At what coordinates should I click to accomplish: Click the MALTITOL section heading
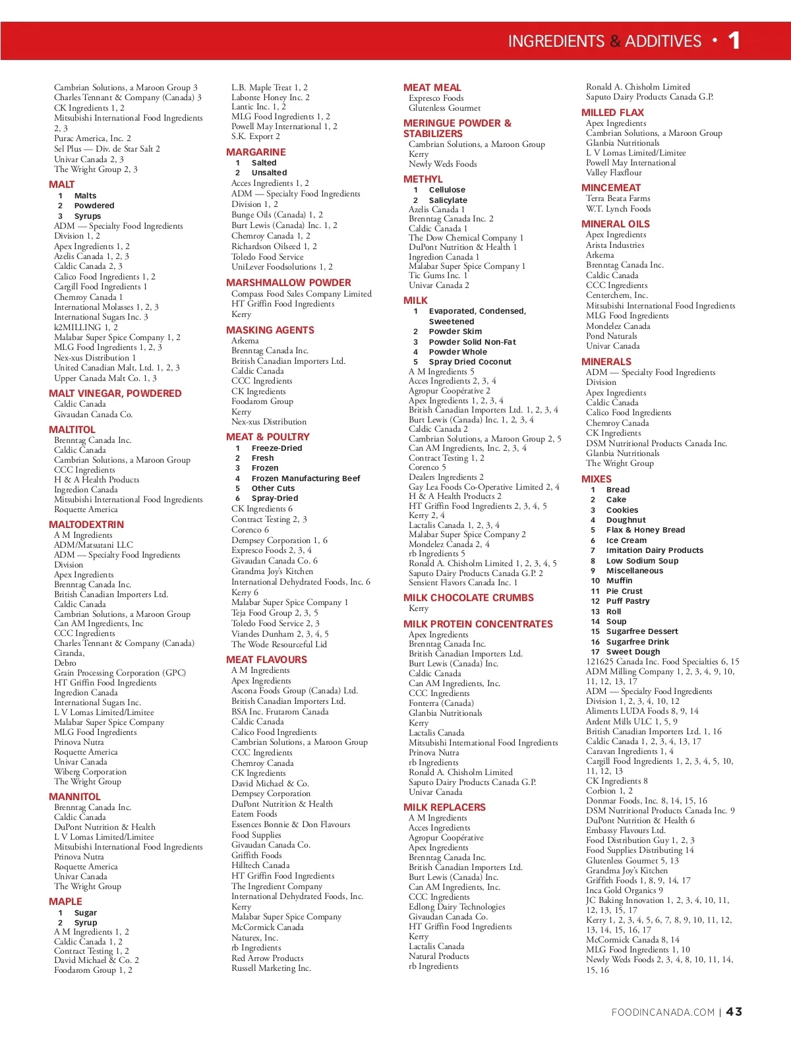tap(72, 429)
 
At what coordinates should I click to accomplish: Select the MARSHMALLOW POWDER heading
tap(288, 283)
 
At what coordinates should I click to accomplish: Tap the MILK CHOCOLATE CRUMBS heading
tap(468, 598)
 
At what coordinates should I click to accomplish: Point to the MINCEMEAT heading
tap(610, 188)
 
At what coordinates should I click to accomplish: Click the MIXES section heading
tap(596, 479)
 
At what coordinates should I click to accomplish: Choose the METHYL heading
tap(423, 179)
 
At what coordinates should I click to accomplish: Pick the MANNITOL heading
tap(74, 797)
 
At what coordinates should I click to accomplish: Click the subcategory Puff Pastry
tap(628, 601)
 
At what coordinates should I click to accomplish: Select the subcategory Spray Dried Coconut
tap(469, 362)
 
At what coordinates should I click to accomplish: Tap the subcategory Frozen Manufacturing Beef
tap(305, 479)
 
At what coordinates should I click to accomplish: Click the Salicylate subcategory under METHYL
tap(448, 200)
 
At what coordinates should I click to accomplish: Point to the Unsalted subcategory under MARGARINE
tap(269, 173)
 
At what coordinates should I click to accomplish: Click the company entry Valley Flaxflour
tap(614, 173)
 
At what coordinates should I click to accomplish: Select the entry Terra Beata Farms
tap(618, 198)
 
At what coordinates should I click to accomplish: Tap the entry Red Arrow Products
tap(267, 958)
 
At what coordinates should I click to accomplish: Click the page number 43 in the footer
tap(734, 1012)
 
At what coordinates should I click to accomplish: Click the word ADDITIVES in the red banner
tap(663, 42)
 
